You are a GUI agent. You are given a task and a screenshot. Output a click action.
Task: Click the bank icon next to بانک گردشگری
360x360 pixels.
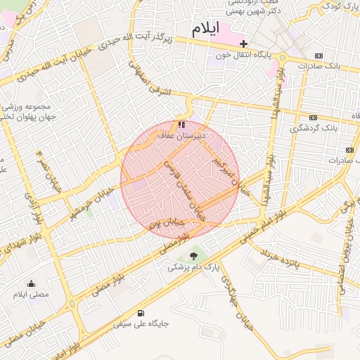pos(313,118)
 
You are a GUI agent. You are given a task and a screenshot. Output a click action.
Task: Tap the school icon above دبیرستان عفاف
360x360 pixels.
pos(182,124)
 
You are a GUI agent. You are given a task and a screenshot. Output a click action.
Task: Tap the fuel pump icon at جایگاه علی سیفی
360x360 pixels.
pos(141,313)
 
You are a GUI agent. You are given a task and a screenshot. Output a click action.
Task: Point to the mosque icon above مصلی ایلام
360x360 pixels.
pos(31,283)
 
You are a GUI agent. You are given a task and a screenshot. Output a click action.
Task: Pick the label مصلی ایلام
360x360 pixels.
pos(31,295)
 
